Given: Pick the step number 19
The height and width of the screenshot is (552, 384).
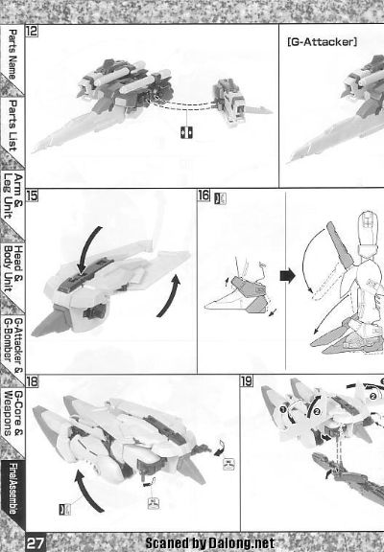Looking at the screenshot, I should pos(246,381).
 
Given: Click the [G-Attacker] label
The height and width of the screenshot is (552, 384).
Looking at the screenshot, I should pos(322,42).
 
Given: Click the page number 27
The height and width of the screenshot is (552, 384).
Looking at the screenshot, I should pos(36,540).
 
